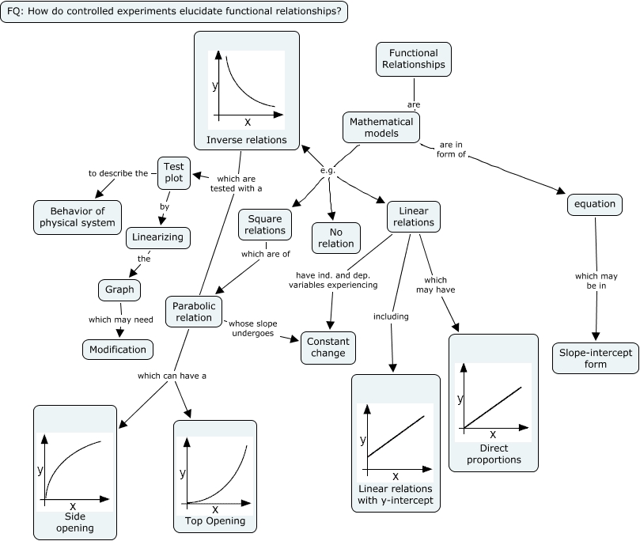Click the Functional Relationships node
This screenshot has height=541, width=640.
pyautogui.click(x=413, y=59)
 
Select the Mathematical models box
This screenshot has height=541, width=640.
pyautogui.click(x=381, y=127)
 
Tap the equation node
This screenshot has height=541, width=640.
pyautogui.click(x=594, y=204)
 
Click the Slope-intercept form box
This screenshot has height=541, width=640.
pyautogui.click(x=595, y=358)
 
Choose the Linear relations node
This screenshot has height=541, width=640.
pyautogui.click(x=413, y=217)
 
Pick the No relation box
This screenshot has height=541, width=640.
pyautogui.click(x=335, y=237)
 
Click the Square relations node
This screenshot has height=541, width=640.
pyautogui.click(x=265, y=225)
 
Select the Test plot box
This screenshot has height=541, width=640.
pyautogui.click(x=173, y=172)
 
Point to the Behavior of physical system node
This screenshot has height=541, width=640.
pyautogui.click(x=78, y=217)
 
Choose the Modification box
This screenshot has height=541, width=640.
pyautogui.click(x=118, y=349)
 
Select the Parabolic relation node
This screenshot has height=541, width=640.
pyautogui.click(x=194, y=311)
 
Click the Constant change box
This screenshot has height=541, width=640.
pyautogui.click(x=328, y=347)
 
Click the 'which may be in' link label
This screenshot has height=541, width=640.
pyautogui.click(x=596, y=281)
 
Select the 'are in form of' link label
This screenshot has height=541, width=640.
pyautogui.click(x=452, y=149)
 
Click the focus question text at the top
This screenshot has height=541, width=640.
pyautogui.click(x=174, y=11)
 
